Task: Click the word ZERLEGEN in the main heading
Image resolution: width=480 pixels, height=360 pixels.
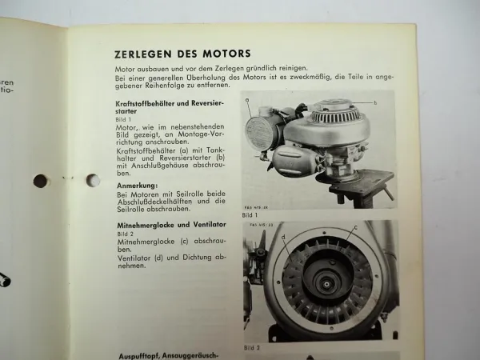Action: point(143,54)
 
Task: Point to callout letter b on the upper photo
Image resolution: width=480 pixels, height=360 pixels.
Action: point(374,103)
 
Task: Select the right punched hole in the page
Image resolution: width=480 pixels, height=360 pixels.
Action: point(92,180)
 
